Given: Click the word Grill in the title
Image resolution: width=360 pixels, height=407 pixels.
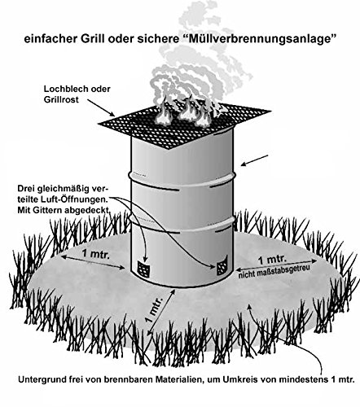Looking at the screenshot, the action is [x=92, y=39].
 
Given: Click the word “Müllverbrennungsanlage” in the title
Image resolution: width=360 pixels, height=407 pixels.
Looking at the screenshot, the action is [x=258, y=39].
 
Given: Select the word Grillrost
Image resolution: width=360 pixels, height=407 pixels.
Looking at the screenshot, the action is [x=61, y=99].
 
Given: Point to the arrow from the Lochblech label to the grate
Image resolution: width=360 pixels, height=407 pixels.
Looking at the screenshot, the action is [x=101, y=107].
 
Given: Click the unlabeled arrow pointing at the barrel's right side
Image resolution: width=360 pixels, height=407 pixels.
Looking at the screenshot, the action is [x=255, y=160].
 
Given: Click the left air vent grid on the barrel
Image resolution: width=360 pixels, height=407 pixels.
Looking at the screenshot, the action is [x=143, y=269].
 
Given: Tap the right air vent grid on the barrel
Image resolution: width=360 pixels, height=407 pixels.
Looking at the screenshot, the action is [x=222, y=267].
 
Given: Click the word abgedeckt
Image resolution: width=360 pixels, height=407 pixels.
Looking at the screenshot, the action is [x=86, y=211].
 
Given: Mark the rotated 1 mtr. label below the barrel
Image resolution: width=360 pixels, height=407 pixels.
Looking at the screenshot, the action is [x=154, y=309].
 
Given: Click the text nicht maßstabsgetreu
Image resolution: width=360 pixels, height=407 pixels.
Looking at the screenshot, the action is [x=274, y=271].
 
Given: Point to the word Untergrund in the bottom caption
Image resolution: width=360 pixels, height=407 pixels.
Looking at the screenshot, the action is [x=37, y=380].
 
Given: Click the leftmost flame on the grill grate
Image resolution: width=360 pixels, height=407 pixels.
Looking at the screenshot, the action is [x=163, y=114].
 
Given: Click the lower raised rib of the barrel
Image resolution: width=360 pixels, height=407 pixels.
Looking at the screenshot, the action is [x=182, y=224].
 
